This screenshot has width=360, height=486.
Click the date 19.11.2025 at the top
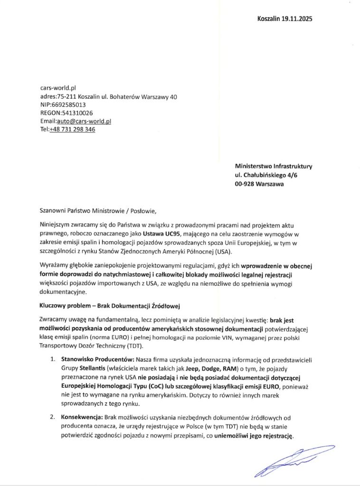[x=296, y=19]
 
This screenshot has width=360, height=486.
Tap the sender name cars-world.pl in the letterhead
[x=58, y=88]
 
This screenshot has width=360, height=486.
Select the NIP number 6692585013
[x=68, y=104]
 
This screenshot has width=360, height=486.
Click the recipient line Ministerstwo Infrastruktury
[x=274, y=167]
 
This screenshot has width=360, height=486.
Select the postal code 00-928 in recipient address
[x=245, y=185]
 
